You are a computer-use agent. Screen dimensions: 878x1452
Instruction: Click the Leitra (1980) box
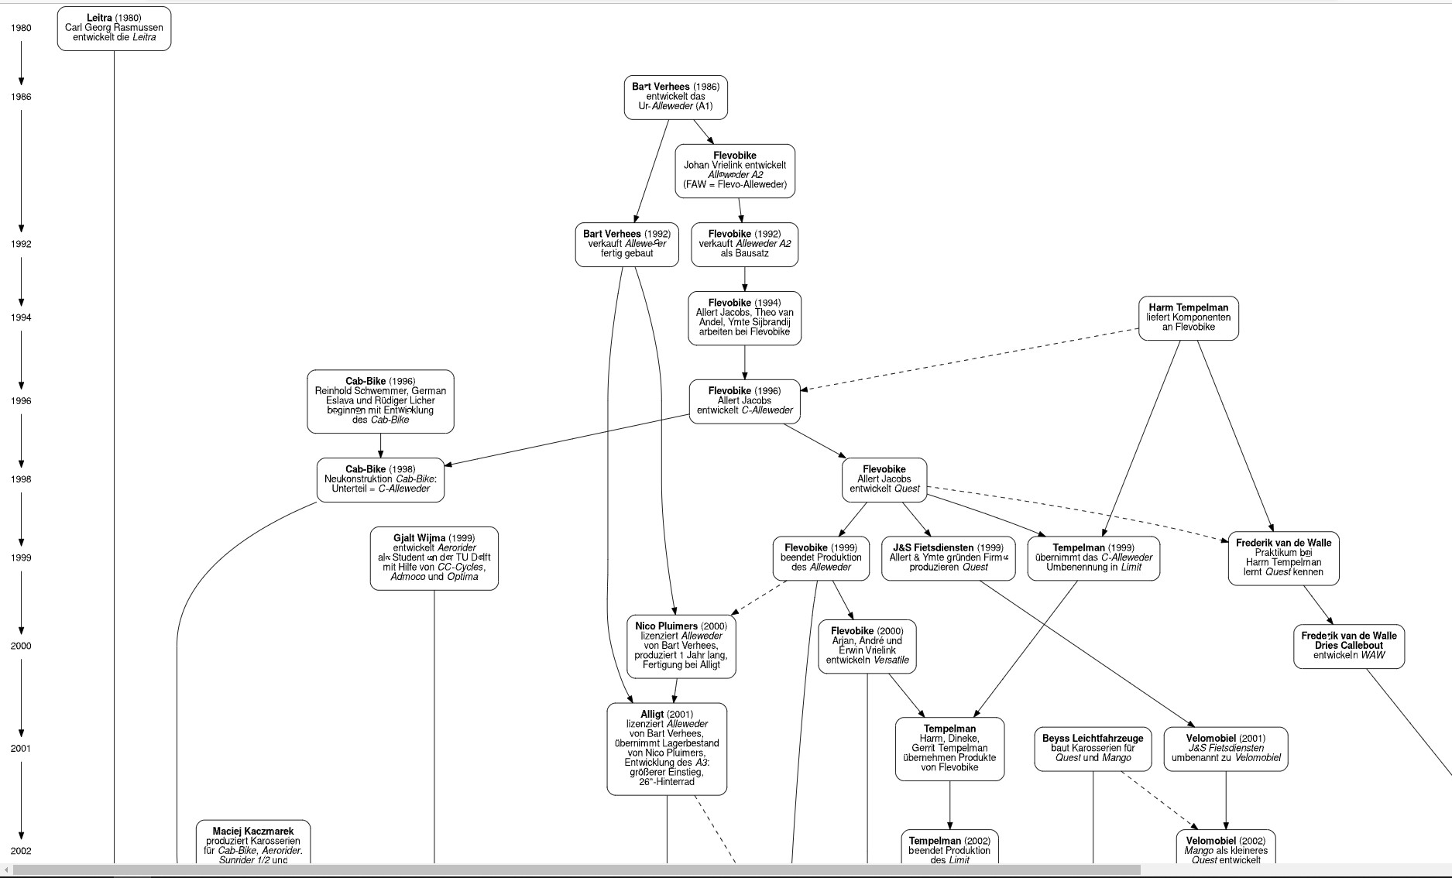114,28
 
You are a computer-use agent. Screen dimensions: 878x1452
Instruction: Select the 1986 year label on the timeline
21,97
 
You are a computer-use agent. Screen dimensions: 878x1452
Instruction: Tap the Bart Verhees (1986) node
675,97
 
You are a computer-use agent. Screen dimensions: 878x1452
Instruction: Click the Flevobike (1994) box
744,317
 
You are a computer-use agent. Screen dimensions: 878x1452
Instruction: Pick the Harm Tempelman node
1188,317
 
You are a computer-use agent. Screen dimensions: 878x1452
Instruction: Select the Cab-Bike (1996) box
380,401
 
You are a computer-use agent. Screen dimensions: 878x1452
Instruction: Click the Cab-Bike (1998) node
380,479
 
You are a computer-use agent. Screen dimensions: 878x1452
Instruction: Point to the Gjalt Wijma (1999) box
434,557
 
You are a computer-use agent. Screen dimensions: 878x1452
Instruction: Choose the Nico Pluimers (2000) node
681,645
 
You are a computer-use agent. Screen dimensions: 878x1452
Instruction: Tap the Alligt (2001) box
667,748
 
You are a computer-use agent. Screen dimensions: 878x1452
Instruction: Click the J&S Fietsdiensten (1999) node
948,557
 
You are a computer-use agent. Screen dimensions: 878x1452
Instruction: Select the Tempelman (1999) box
1093,557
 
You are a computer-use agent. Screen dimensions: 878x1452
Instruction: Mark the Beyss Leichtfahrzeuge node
1093,748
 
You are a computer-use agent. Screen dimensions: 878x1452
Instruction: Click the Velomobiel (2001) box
1225,748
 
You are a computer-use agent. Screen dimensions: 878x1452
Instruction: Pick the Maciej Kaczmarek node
253,842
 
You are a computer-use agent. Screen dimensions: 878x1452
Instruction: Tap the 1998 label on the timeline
21,479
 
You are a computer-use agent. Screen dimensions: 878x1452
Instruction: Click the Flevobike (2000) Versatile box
867,646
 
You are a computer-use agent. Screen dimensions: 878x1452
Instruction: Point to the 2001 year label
21,748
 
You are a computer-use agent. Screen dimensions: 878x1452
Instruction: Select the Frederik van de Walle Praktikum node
1283,557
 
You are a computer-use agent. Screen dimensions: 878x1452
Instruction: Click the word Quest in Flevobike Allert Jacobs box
907,489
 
